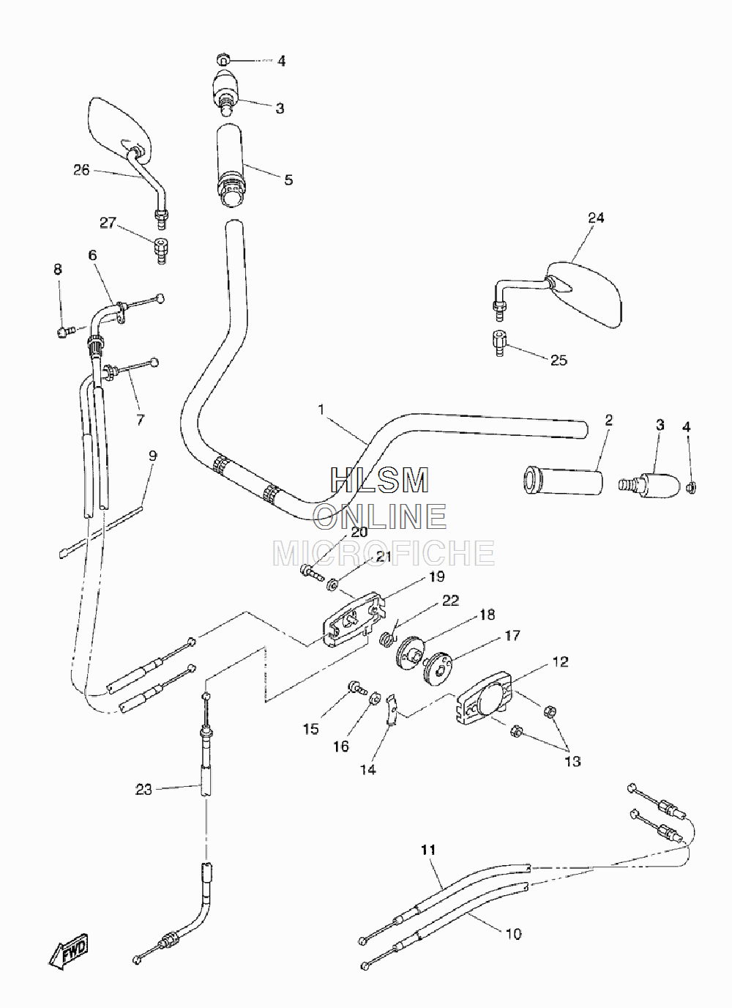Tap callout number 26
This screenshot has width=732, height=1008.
point(81,170)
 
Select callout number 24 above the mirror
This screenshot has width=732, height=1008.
point(596,218)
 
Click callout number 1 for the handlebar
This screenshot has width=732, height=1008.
point(321,409)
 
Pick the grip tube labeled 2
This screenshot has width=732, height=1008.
point(562,481)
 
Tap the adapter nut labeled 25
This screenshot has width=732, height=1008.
point(499,344)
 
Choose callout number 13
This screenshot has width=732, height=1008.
point(572,761)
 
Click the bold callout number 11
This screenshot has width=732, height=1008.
point(428,850)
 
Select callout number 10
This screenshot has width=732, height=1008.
point(513,934)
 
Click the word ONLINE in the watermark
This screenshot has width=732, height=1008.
point(380,516)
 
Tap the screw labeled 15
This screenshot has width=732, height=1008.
point(357,688)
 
